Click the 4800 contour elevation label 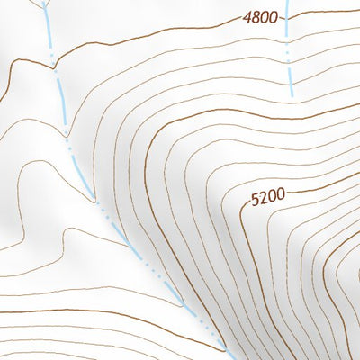[260, 17]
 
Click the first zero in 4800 [265, 17]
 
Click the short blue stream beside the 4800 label [289, 54]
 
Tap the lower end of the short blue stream [292, 94]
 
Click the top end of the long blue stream [43, 2]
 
